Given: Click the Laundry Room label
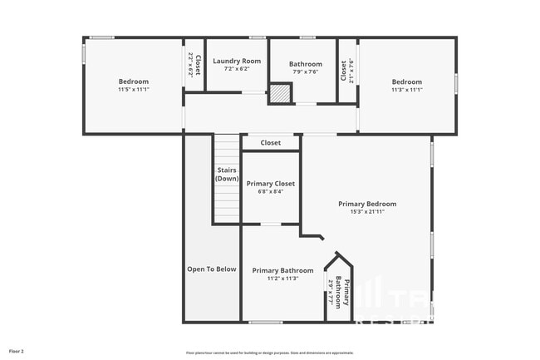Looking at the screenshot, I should (x=237, y=61).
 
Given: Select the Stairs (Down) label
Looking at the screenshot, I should (x=226, y=175).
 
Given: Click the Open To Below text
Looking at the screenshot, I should (x=211, y=269).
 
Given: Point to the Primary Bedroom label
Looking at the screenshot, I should (x=367, y=204).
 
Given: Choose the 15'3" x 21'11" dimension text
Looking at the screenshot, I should (x=367, y=212).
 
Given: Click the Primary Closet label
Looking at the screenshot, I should (x=270, y=184).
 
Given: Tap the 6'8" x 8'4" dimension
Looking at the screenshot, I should (x=270, y=192).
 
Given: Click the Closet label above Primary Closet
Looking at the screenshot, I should (x=270, y=143).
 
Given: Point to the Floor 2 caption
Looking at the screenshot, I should (x=17, y=352).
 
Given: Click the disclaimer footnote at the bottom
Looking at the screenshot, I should (x=269, y=353).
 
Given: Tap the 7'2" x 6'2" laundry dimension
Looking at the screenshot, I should (x=237, y=69).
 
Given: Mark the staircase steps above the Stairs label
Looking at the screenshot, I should (x=226, y=150).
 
